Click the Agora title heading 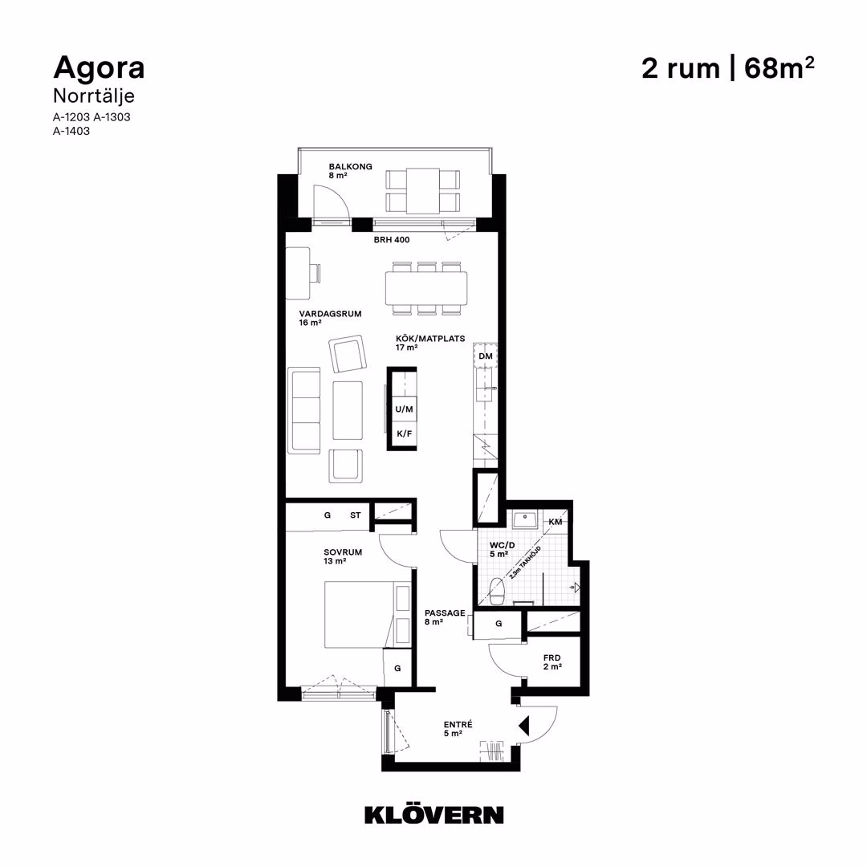99,68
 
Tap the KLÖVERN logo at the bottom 434,814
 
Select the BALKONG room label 350,166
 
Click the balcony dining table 423,191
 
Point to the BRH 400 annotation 392,239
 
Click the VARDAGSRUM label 330,314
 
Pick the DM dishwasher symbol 486,356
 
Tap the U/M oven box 404,409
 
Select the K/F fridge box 404,434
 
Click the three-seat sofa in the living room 304,409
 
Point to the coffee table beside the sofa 348,410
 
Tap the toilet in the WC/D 497,591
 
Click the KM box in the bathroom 556,522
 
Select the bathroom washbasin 524,519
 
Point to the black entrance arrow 523,726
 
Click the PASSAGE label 445,613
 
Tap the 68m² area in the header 779,68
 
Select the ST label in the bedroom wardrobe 355,515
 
